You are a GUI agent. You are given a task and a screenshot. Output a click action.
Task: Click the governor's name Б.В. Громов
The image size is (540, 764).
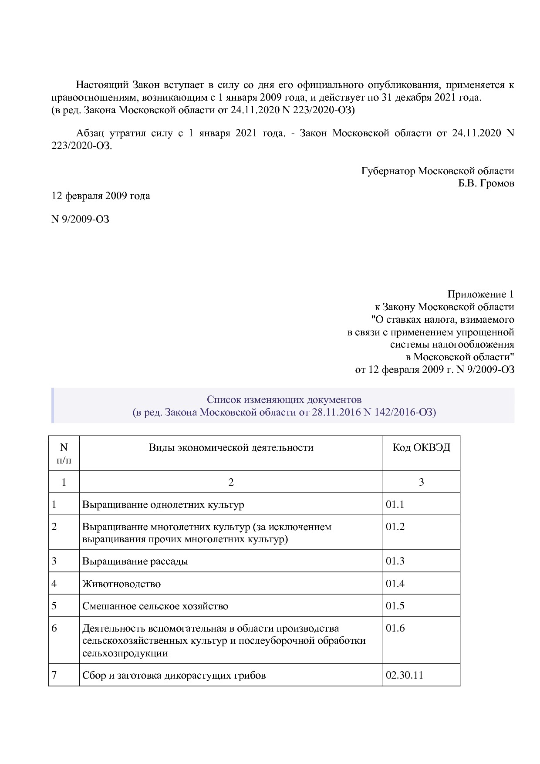pos(486,183)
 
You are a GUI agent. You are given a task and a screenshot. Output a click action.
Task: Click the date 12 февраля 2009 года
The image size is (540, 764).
pos(101,196)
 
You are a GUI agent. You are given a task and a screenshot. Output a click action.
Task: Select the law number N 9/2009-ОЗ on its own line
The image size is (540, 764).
pos(81,219)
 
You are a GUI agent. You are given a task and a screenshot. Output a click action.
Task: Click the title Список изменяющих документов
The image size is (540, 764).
pos(284,399)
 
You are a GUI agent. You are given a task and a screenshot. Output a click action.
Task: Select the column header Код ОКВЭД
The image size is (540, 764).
pos(421,448)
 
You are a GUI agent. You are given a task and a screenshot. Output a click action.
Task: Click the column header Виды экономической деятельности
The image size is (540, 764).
pos(231,448)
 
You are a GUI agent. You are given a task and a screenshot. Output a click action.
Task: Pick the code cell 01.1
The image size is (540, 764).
pos(395,504)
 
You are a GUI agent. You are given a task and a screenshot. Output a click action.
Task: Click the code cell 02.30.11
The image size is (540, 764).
pos(404,676)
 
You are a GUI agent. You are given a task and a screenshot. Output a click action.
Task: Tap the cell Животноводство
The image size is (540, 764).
pos(121,584)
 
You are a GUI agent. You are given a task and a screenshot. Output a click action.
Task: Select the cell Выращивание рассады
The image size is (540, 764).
pos(135,561)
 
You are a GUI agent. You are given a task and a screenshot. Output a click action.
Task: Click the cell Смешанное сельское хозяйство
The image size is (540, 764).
pos(155,606)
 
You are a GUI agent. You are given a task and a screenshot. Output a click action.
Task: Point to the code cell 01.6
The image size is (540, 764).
pos(395,628)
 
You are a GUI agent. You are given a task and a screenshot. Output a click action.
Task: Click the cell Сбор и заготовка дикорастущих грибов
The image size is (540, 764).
pos(174,676)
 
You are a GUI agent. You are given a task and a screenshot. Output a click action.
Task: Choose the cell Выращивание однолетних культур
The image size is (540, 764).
pos(163,505)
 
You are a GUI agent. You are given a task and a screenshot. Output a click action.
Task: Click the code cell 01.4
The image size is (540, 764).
pos(395,584)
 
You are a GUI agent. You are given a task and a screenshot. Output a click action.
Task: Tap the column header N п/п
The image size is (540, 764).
pos(64,453)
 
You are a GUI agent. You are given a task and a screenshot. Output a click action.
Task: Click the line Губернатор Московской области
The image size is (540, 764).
pos(437,171)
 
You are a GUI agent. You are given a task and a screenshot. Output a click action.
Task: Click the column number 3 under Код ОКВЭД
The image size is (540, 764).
pos(421,482)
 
